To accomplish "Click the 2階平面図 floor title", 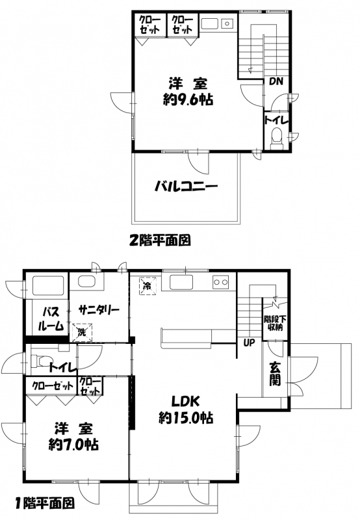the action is coord(160,239).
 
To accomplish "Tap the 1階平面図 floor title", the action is coord(44,503).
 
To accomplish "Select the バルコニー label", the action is coord(186,187).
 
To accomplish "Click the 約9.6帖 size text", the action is coord(188,99).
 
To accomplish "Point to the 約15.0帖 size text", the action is coord(186,417).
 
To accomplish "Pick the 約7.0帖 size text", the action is coord(73,444).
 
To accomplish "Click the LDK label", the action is coord(185,401).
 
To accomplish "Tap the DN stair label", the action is coord(276,81).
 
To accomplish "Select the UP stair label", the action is coord(249,343).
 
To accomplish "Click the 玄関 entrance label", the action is coord(275,374).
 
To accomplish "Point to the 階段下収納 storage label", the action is coord(275,323).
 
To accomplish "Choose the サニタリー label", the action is coord(99,310).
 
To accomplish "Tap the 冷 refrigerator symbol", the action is coord(147,285).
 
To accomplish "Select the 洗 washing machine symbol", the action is coord(81,331).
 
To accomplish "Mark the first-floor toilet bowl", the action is coord(41,361).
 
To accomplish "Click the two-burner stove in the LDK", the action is coord(220,282).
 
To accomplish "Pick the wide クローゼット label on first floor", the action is coord(53,385).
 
